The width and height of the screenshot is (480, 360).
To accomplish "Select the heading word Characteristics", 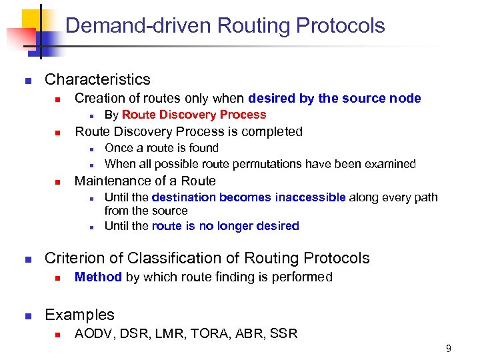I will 97,79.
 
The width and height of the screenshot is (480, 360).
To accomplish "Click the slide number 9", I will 449,348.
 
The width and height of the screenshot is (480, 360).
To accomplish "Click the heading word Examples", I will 79,315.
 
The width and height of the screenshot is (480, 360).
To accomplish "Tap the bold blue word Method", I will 98,277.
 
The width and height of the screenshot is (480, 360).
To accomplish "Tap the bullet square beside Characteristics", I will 27,81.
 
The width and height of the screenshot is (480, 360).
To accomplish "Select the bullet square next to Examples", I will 27,315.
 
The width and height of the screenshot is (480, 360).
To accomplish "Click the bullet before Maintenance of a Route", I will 58,181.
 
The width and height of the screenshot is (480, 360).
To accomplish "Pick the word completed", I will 271,131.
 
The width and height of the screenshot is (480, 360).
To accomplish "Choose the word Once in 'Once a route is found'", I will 118,148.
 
